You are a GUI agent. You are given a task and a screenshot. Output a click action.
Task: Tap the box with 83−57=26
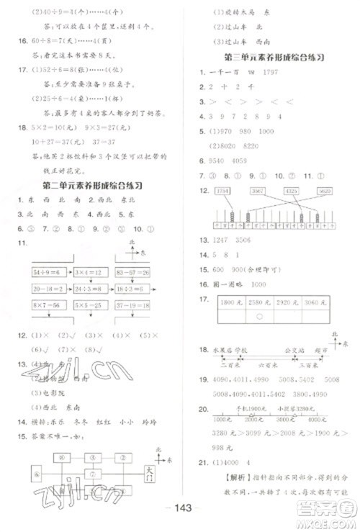[x=135, y=271]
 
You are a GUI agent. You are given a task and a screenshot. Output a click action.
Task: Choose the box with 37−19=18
[x=135, y=305]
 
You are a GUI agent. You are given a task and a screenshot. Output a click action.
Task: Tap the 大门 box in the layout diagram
[x=150, y=471]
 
